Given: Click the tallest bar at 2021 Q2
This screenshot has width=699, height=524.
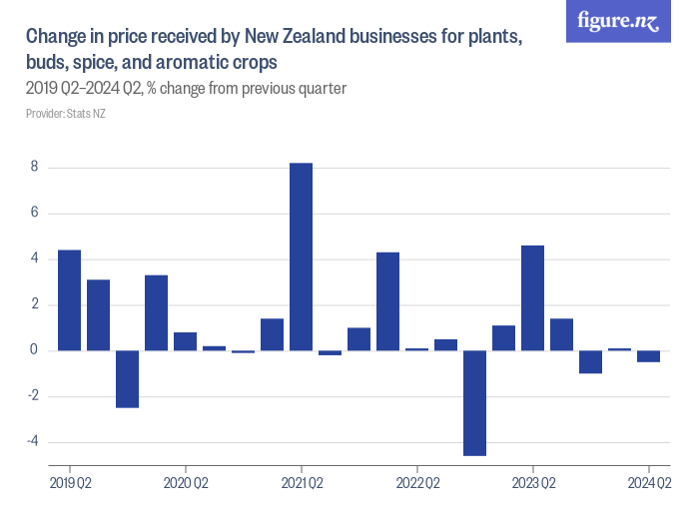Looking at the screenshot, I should tap(301, 257).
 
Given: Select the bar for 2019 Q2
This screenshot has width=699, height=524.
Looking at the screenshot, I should tap(69, 299).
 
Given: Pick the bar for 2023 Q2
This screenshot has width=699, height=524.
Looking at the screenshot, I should tap(532, 297).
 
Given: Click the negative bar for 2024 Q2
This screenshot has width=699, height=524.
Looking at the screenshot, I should tap(648, 356).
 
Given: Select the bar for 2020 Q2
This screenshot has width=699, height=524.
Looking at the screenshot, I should tap(185, 341).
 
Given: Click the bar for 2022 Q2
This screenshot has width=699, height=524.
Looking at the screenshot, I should tap(416, 349).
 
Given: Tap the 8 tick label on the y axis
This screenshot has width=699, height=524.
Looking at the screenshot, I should tap(34, 168).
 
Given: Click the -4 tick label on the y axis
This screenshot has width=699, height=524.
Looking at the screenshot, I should tap(32, 442).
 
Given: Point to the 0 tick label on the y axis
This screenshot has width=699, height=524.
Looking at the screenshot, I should tap(34, 350).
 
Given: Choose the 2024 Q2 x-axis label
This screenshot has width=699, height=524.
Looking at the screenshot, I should tap(648, 484).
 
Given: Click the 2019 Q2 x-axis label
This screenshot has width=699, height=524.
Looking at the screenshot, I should tap(69, 484).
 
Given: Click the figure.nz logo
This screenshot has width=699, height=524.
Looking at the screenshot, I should tap(619, 21).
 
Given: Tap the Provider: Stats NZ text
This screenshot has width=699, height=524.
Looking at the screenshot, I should tap(66, 114).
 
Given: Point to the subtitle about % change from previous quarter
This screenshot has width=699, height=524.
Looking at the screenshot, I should tap(186, 89).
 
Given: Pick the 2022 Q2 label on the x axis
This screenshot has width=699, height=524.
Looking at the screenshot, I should tap(416, 484).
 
